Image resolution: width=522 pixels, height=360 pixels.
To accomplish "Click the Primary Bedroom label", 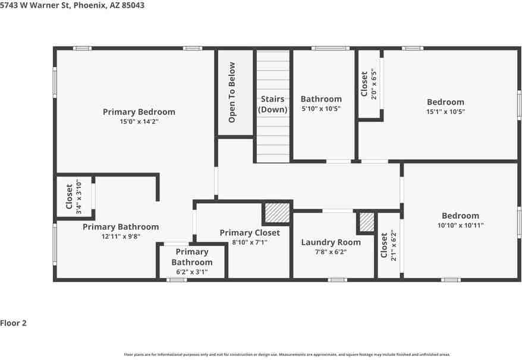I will click(139, 112).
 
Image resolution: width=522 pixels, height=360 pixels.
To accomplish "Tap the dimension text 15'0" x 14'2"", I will click(139, 121).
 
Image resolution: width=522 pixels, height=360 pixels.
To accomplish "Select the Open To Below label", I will click(232, 93).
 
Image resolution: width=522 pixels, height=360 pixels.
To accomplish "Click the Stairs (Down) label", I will click(273, 105).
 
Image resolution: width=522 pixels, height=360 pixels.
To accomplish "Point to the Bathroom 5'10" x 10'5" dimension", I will click(321, 109).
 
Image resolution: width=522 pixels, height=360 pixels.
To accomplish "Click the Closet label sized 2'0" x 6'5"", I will click(364, 84).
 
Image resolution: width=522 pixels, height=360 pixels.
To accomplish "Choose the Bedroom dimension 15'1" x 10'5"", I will click(445, 112).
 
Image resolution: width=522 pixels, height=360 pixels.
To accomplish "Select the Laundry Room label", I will click(331, 242).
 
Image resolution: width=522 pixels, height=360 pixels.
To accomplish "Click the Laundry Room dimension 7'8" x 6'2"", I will click(331, 252).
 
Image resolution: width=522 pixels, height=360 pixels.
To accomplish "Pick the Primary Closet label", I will click(249, 233).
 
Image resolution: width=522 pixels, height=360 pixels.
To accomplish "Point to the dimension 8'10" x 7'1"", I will click(249, 242).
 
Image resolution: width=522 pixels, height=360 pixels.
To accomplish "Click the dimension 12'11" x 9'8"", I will click(121, 236).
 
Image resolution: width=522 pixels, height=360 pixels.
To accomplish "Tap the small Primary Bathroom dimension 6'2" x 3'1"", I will click(191, 272).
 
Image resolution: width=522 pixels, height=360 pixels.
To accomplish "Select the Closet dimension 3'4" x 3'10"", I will click(78, 197).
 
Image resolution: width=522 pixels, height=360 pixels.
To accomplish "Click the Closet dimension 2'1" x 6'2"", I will click(392, 246).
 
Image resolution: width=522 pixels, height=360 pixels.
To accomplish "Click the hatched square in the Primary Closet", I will click(276, 212).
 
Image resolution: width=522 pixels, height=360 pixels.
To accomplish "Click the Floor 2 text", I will click(13, 324).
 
